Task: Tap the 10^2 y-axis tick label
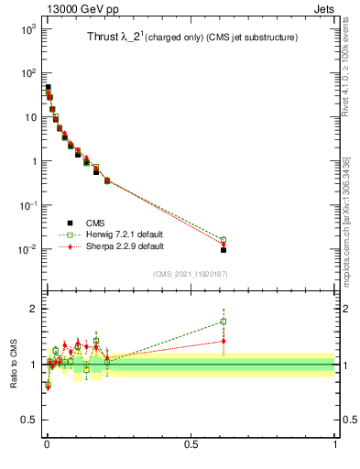27,73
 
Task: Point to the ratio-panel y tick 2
33,309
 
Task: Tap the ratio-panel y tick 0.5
29,420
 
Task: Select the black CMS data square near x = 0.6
223,249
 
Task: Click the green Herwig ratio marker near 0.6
223,322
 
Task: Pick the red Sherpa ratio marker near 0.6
223,341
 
